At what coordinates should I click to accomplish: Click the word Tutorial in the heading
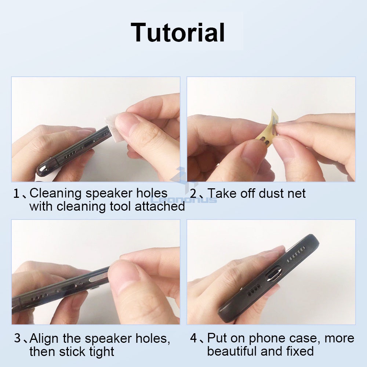[178, 32]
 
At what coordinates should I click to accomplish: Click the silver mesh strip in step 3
[98, 277]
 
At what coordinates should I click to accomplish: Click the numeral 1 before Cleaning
[16, 194]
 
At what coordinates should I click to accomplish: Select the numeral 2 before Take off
[193, 194]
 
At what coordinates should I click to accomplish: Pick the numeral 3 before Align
[18, 338]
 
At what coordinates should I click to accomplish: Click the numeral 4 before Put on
[193, 338]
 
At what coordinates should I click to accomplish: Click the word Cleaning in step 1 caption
[55, 194]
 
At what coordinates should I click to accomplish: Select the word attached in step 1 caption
[160, 206]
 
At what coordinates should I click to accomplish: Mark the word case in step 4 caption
[304, 339]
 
